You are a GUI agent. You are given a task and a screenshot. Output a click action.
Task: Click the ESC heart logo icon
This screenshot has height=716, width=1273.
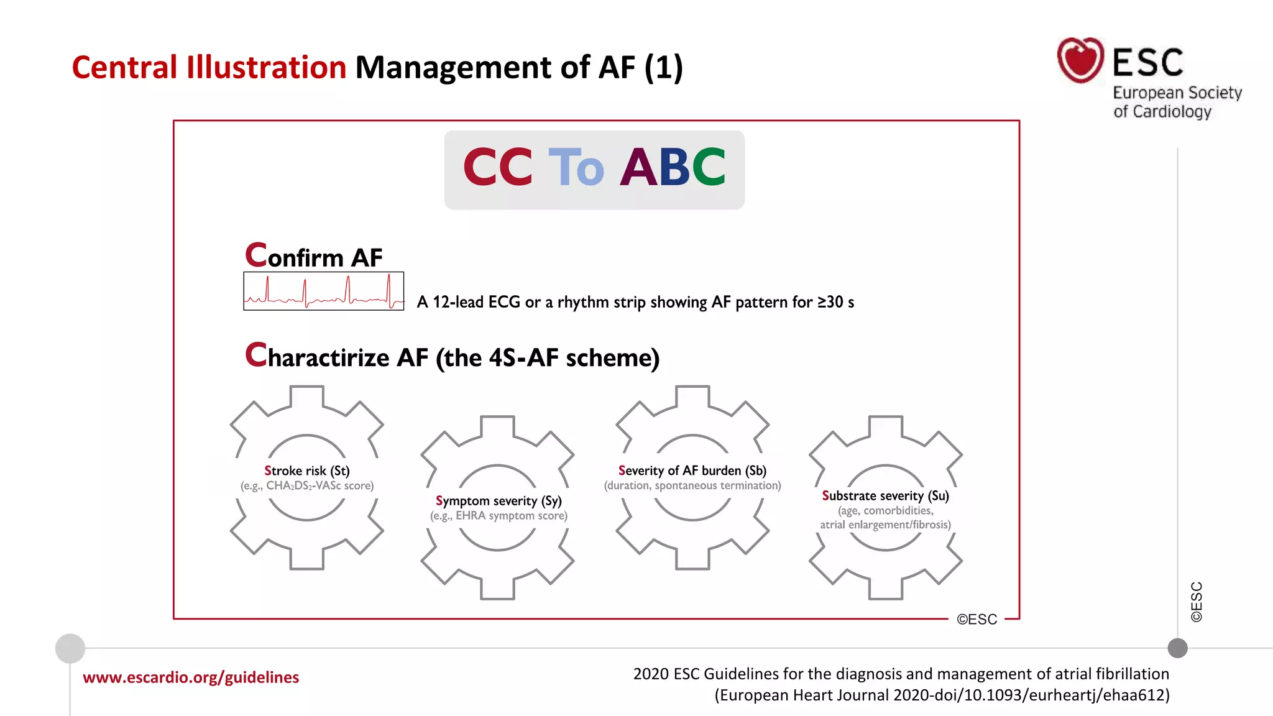pos(1080,60)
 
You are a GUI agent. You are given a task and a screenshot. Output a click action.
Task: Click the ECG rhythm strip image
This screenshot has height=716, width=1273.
pos(323,291)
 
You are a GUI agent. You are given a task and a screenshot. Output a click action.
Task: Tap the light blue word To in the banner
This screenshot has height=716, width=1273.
pos(576,168)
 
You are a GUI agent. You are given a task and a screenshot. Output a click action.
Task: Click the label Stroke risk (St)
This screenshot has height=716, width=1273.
pos(307,470)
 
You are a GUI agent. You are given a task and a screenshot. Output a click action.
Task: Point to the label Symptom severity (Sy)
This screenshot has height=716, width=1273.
pos(499,501)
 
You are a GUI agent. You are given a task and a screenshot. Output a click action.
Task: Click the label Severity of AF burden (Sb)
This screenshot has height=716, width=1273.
pos(692,470)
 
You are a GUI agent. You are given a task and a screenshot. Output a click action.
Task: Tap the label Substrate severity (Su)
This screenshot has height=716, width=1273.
pos(885,495)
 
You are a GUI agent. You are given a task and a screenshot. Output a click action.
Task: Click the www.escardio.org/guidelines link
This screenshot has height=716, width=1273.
pos(191,677)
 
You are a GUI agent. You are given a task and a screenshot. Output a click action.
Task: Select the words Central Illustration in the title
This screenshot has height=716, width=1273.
pos(209,67)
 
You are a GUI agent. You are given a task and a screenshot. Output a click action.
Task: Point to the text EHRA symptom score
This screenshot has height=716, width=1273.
pos(511,516)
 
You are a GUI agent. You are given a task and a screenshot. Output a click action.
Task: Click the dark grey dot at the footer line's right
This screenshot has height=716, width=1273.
pos(1177,648)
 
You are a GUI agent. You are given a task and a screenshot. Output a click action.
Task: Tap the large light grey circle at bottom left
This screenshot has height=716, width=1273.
pos(70,648)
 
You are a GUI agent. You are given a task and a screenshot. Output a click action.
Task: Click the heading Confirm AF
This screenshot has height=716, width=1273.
pos(314,256)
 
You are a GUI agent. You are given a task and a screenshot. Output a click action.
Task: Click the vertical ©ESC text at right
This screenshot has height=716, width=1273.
pos(1197,602)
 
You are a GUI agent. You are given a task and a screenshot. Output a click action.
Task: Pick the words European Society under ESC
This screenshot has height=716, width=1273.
pos(1177,93)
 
